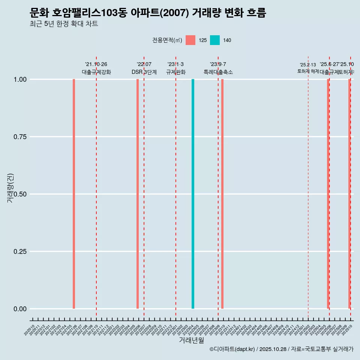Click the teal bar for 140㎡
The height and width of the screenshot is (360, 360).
(x=193, y=194)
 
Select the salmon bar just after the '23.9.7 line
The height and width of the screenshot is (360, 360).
(x=222, y=194)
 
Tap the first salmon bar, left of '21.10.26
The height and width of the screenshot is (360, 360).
(x=74, y=194)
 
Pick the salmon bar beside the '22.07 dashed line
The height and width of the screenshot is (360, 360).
(x=138, y=194)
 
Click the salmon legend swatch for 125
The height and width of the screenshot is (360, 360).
(x=190, y=40)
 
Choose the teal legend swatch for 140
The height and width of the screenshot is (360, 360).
(x=215, y=40)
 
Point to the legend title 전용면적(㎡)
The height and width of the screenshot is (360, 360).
(x=167, y=40)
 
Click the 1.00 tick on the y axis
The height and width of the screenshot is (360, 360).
(x=20, y=79)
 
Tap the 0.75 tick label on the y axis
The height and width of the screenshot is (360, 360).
(x=20, y=137)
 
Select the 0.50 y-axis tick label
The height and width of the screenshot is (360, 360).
(x=20, y=194)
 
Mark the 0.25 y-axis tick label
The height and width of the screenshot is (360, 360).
(x=20, y=252)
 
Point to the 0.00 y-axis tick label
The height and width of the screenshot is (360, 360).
(x=20, y=309)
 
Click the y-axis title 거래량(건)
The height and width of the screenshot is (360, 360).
(x=10, y=188)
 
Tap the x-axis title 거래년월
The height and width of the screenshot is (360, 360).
(x=191, y=340)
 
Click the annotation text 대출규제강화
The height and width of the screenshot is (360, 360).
(x=96, y=72)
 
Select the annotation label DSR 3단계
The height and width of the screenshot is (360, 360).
(x=144, y=72)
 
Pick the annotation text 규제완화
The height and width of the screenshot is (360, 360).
(x=176, y=72)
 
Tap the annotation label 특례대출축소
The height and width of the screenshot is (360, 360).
(x=218, y=72)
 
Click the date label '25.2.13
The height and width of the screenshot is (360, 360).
(x=308, y=65)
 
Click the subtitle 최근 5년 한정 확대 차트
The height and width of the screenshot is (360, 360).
(x=64, y=24)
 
